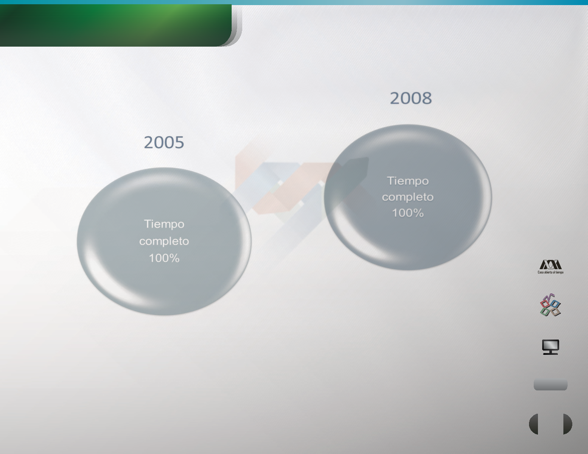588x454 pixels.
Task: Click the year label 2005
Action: coord(164,142)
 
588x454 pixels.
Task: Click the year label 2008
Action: coord(411,98)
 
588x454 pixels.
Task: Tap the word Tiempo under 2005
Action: coord(164,224)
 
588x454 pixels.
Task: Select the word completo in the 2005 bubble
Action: coord(164,241)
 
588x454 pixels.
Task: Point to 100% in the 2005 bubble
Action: coord(164,258)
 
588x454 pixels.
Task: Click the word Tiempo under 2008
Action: coord(408,181)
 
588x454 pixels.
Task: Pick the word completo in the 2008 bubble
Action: coord(408,197)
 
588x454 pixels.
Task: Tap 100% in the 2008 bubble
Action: coord(408,213)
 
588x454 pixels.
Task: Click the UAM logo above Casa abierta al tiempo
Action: coord(550,265)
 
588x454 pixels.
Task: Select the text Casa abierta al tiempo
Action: coord(550,272)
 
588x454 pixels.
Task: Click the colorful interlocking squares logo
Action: coord(550,305)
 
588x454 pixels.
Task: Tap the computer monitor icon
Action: coord(551,347)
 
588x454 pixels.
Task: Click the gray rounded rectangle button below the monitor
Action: coord(550,385)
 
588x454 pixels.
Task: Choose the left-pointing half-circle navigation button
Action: coord(534,424)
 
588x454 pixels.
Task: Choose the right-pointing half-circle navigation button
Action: coord(568,424)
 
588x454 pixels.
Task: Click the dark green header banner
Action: coord(116,25)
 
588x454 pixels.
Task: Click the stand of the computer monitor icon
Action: coord(551,352)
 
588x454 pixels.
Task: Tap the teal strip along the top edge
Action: coord(294,2)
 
